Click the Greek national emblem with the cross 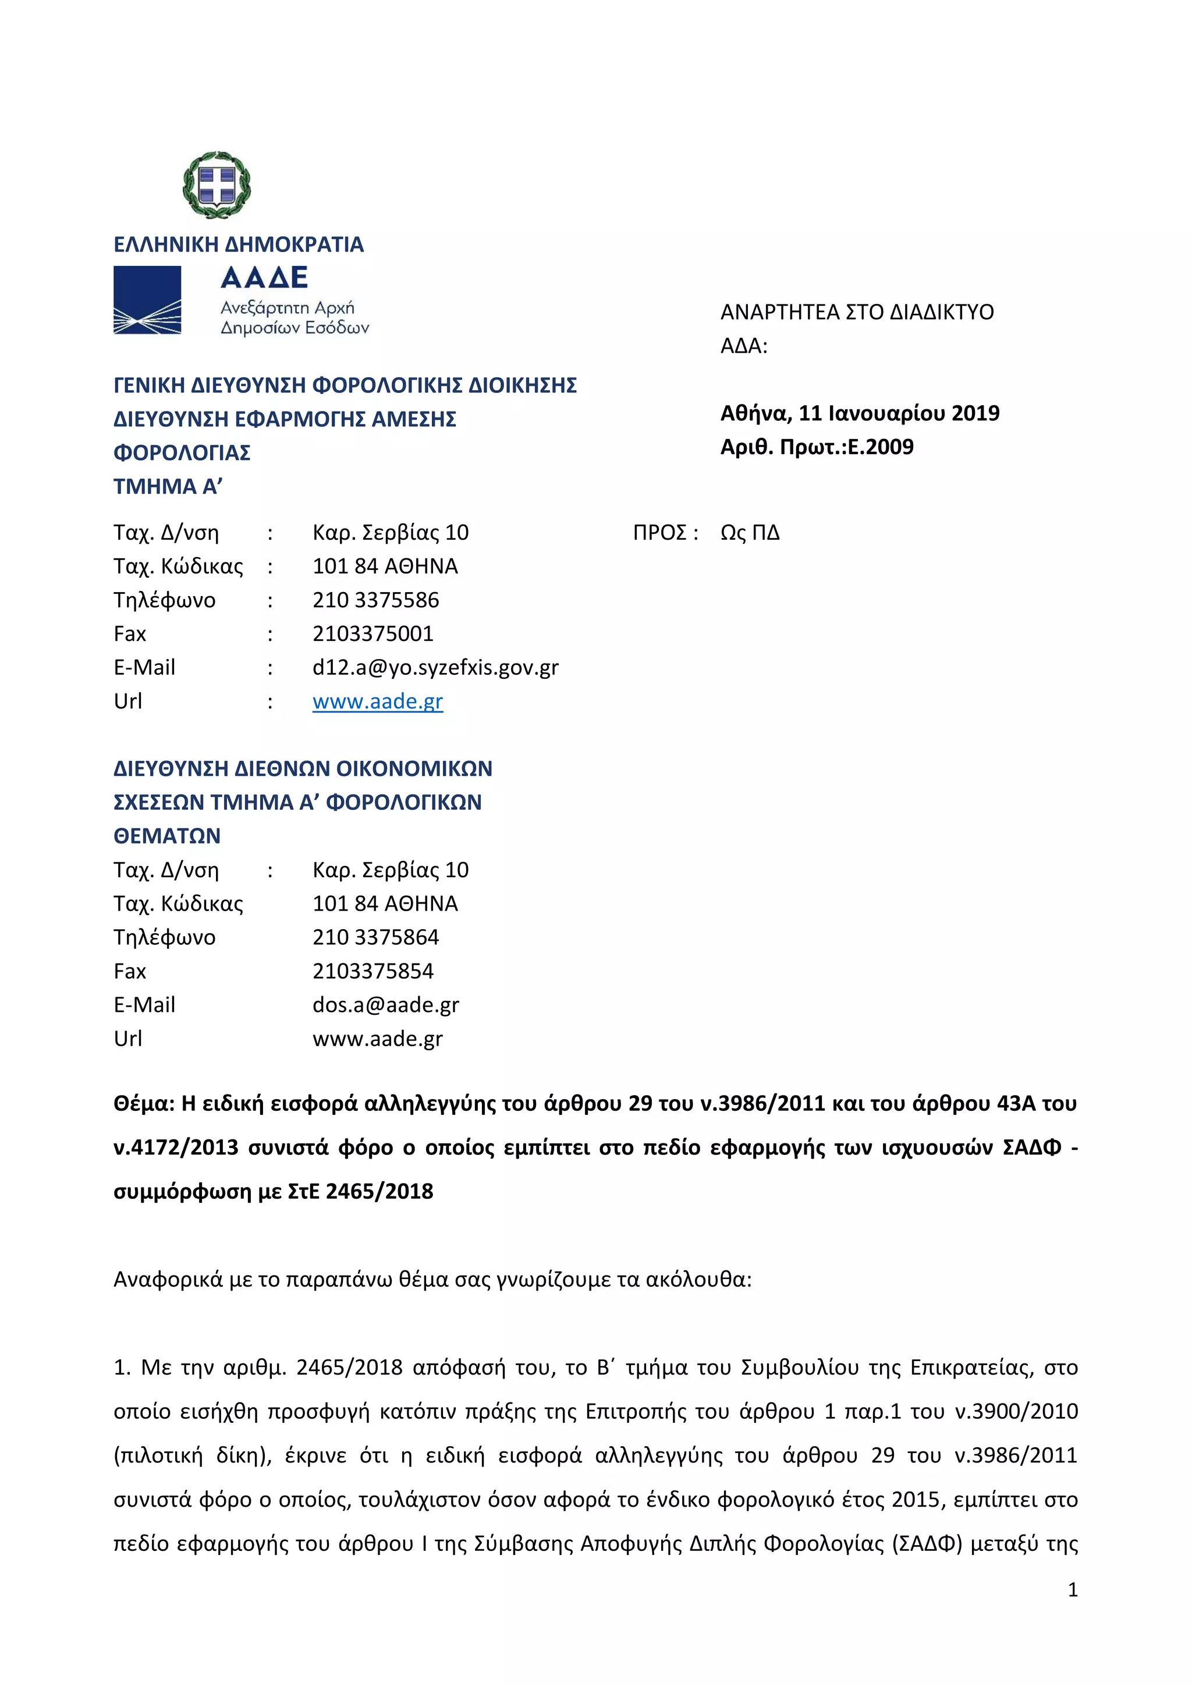pos(217,185)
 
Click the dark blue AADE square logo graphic pos(147,300)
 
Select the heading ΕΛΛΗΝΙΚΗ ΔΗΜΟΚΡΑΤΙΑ pos(239,245)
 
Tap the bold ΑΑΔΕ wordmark pos(264,278)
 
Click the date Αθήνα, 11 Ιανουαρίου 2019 pos(860,413)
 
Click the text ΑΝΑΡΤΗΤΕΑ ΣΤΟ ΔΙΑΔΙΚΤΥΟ pos(857,312)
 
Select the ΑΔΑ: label pos(743,346)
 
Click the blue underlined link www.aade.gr pos(377,702)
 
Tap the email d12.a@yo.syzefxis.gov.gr pos(435,668)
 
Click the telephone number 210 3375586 pos(376,600)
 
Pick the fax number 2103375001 pos(373,634)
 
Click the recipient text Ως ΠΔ pos(750,532)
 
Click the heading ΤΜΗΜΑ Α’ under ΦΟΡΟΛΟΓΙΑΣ pos(168,486)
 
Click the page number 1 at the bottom pos(1072,1590)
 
